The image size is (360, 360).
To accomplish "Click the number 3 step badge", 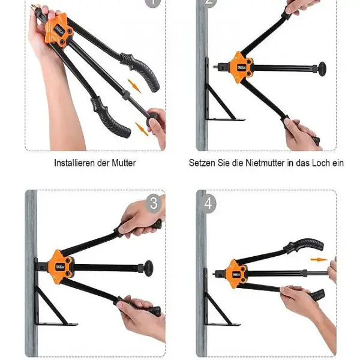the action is [x=154, y=203].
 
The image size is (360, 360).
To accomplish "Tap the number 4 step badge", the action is [x=208, y=203].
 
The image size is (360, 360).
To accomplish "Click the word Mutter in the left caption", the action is [x=124, y=163].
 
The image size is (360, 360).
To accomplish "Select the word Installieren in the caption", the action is [x=75, y=163].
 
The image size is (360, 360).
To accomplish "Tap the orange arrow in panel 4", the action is [x=319, y=260].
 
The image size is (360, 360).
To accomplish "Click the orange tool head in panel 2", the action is [x=241, y=67].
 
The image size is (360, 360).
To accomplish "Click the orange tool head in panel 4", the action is [x=236, y=274].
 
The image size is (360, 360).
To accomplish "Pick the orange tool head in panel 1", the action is [x=59, y=31].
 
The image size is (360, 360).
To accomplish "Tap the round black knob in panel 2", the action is [x=322, y=68].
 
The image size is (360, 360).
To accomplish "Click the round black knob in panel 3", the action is [x=149, y=268].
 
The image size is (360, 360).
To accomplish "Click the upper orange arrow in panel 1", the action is [x=134, y=86].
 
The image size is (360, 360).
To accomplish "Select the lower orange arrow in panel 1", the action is [x=142, y=129].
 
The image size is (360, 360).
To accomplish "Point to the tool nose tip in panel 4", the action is [x=214, y=274].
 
